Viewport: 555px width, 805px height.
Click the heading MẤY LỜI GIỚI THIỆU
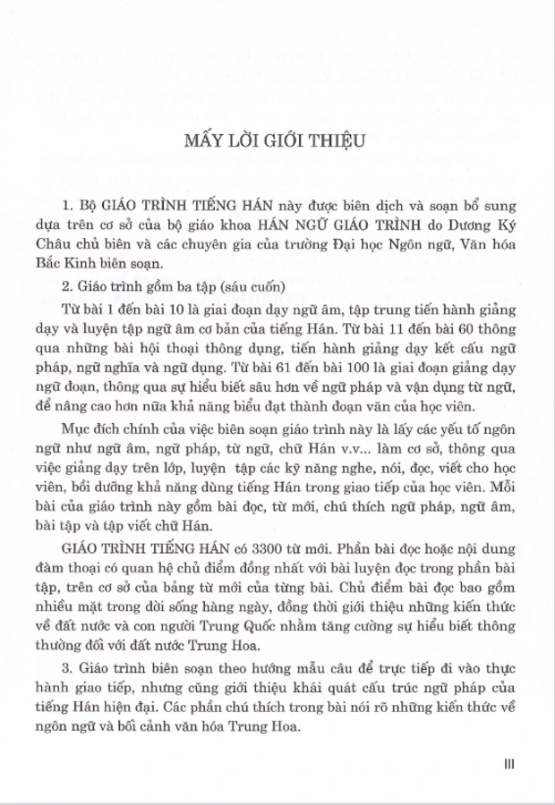tap(277, 140)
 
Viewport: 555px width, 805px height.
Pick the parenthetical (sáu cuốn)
tap(234, 287)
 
